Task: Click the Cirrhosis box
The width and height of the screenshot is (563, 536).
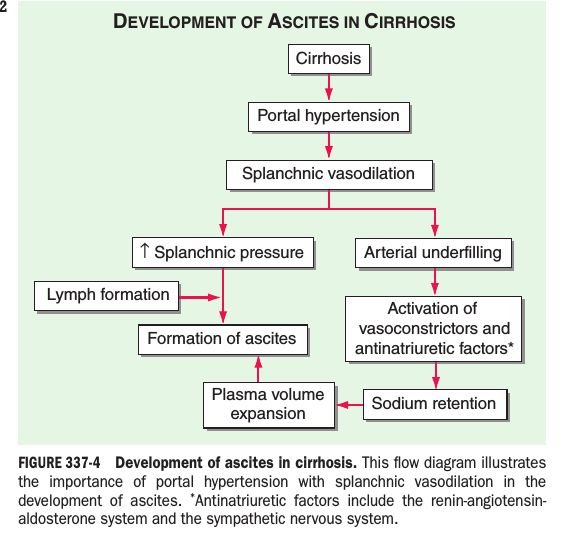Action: [329, 59]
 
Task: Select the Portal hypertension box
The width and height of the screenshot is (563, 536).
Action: [329, 117]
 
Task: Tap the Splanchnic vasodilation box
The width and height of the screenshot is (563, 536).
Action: [329, 175]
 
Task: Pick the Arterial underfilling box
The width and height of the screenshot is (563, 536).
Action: [433, 253]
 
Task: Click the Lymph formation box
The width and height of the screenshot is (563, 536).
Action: [107, 296]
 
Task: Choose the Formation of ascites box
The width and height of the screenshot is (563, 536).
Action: [223, 340]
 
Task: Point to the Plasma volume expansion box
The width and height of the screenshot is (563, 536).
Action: [269, 405]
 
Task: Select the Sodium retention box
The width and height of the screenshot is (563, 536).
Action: [435, 404]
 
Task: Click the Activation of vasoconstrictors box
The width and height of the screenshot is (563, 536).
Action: [433, 329]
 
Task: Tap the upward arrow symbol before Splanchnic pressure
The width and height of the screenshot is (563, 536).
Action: [144, 250]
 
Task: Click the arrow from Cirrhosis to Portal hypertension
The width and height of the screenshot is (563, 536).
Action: [329, 87]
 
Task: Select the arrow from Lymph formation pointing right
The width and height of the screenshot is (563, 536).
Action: [200, 297]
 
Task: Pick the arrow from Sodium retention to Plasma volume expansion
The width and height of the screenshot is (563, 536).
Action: [350, 405]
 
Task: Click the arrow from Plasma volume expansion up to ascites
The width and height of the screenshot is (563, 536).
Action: [258, 369]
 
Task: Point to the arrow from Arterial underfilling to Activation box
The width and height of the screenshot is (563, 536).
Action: [435, 281]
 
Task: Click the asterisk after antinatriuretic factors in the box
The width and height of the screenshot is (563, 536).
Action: [511, 346]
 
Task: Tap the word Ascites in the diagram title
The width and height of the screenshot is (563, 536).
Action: [304, 22]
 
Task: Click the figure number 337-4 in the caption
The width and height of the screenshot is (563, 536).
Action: [83, 463]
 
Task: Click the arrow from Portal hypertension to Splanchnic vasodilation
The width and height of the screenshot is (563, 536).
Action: [329, 145]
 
